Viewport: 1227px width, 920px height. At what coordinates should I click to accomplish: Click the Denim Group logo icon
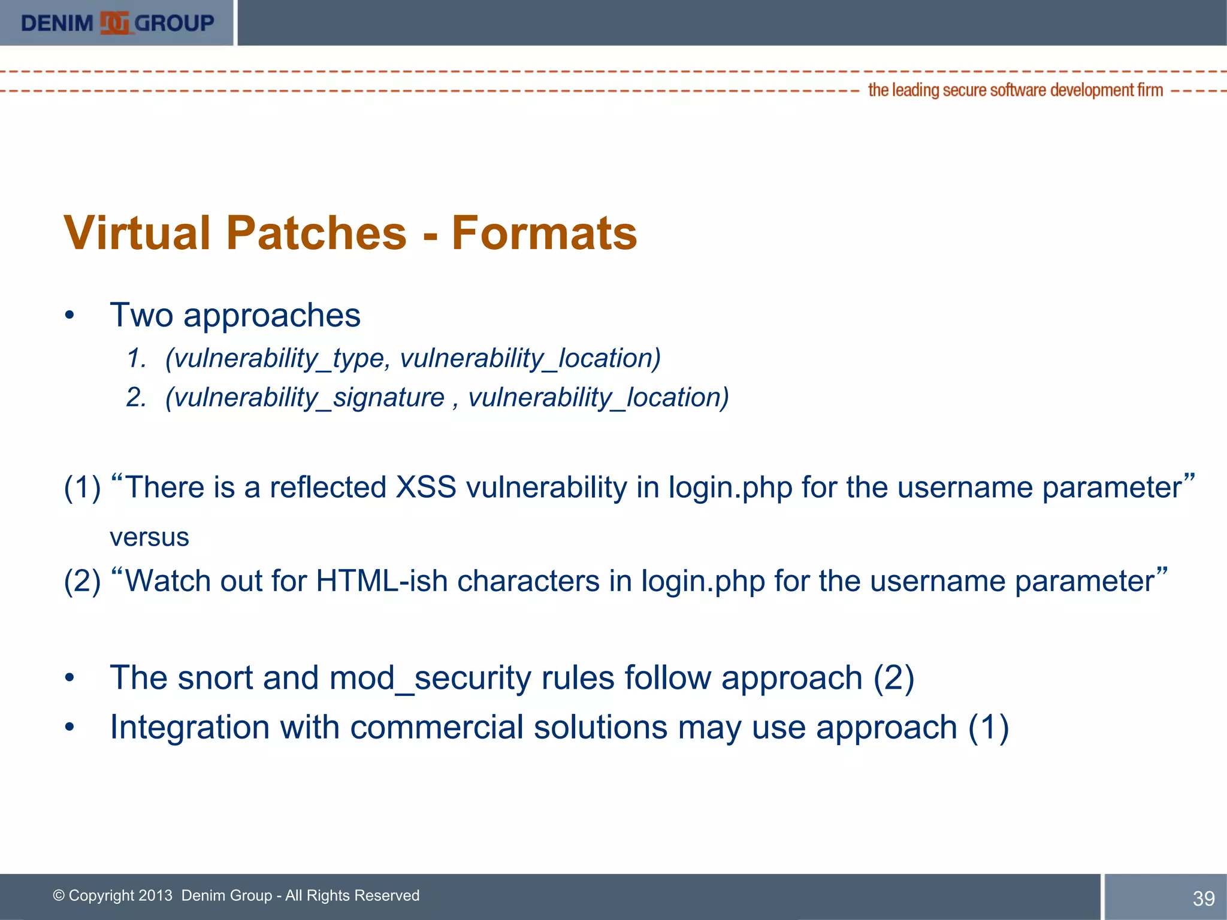pyautogui.click(x=114, y=23)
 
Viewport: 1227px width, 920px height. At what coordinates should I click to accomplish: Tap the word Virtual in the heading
pyautogui.click(x=138, y=233)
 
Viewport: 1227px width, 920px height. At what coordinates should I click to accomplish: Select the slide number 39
pyautogui.click(x=1203, y=898)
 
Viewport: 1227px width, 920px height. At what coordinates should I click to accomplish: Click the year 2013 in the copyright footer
pyautogui.click(x=155, y=895)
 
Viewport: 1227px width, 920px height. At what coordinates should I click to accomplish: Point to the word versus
pyautogui.click(x=149, y=537)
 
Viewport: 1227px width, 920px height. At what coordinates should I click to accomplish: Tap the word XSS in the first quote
pyautogui.click(x=426, y=486)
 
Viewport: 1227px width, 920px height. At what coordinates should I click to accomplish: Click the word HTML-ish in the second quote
pyautogui.click(x=382, y=580)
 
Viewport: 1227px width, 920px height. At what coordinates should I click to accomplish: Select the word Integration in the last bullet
pyautogui.click(x=190, y=727)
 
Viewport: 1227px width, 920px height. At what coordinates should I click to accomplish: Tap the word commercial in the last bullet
pyautogui.click(x=437, y=727)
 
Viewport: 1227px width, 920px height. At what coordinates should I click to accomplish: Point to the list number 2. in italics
pyautogui.click(x=136, y=398)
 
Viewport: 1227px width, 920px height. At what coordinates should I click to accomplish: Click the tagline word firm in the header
pyautogui.click(x=1150, y=90)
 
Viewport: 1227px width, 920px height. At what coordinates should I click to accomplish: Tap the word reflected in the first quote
pyautogui.click(x=328, y=486)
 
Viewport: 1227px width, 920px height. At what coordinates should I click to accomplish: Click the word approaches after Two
pyautogui.click(x=271, y=316)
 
